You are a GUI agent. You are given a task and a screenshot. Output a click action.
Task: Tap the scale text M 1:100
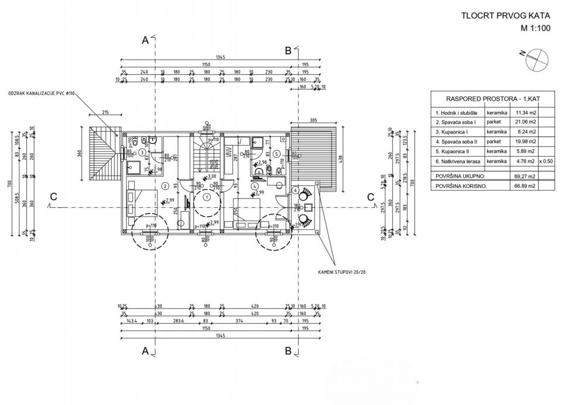(536, 28)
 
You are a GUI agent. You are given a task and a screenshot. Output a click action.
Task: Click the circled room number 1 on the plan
(207, 197)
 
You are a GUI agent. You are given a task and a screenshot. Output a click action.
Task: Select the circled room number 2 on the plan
(166, 186)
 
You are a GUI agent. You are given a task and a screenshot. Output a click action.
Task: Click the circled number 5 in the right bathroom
(276, 153)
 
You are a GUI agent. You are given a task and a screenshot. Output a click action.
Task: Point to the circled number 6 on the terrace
(297, 190)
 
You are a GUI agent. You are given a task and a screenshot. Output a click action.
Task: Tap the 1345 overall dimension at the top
(221, 58)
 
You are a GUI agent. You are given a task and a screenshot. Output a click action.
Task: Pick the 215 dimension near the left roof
(105, 112)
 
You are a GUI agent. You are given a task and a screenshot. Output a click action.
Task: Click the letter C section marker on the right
(371, 197)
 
